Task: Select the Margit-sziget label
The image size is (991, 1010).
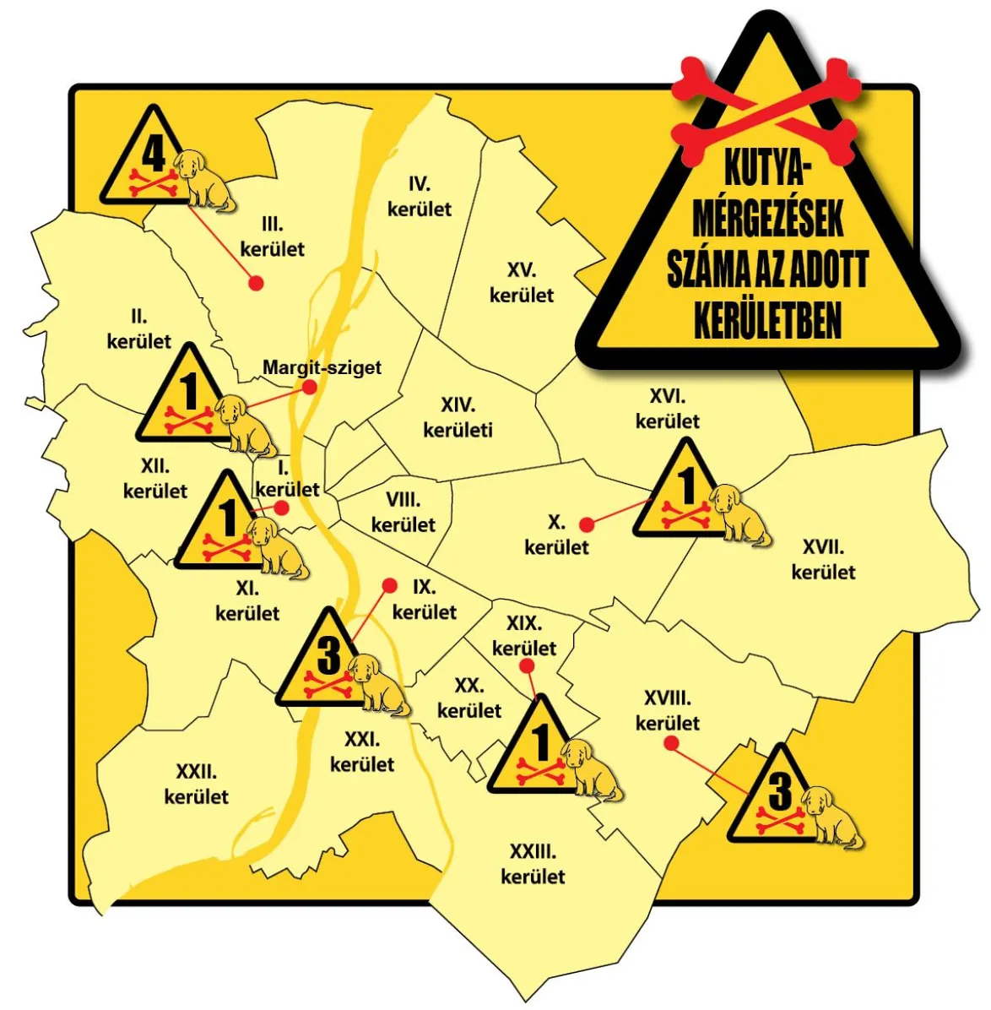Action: (322, 368)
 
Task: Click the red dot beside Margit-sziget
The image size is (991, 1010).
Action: (310, 387)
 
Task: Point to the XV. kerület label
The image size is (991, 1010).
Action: (522, 283)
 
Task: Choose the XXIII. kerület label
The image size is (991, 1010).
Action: (533, 864)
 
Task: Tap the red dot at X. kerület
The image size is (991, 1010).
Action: (588, 524)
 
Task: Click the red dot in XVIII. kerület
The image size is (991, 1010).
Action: (671, 743)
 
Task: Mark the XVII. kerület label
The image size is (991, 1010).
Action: (823, 560)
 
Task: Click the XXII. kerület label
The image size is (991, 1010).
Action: (196, 784)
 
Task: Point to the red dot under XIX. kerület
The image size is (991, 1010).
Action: (528, 666)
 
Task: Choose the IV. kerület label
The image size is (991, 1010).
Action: (420, 197)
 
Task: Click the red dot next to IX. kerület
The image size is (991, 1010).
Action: (389, 584)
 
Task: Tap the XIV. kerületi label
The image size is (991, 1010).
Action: (458, 418)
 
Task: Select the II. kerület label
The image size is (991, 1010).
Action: (138, 329)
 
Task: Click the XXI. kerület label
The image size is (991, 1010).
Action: (362, 752)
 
